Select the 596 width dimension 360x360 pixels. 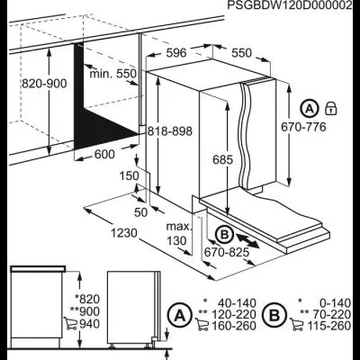176,53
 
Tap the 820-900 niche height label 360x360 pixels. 44,84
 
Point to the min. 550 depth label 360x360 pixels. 113,73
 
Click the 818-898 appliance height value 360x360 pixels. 170,131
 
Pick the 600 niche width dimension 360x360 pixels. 104,155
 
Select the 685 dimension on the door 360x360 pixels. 222,160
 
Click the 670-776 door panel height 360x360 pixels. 303,127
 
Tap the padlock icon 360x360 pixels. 331,108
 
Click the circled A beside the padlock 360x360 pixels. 310,108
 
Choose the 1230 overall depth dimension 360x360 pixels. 124,233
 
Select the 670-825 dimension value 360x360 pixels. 227,252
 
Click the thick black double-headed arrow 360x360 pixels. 247,240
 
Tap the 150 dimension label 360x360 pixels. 130,176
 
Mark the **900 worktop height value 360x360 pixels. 85,311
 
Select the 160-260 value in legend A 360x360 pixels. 234,326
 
